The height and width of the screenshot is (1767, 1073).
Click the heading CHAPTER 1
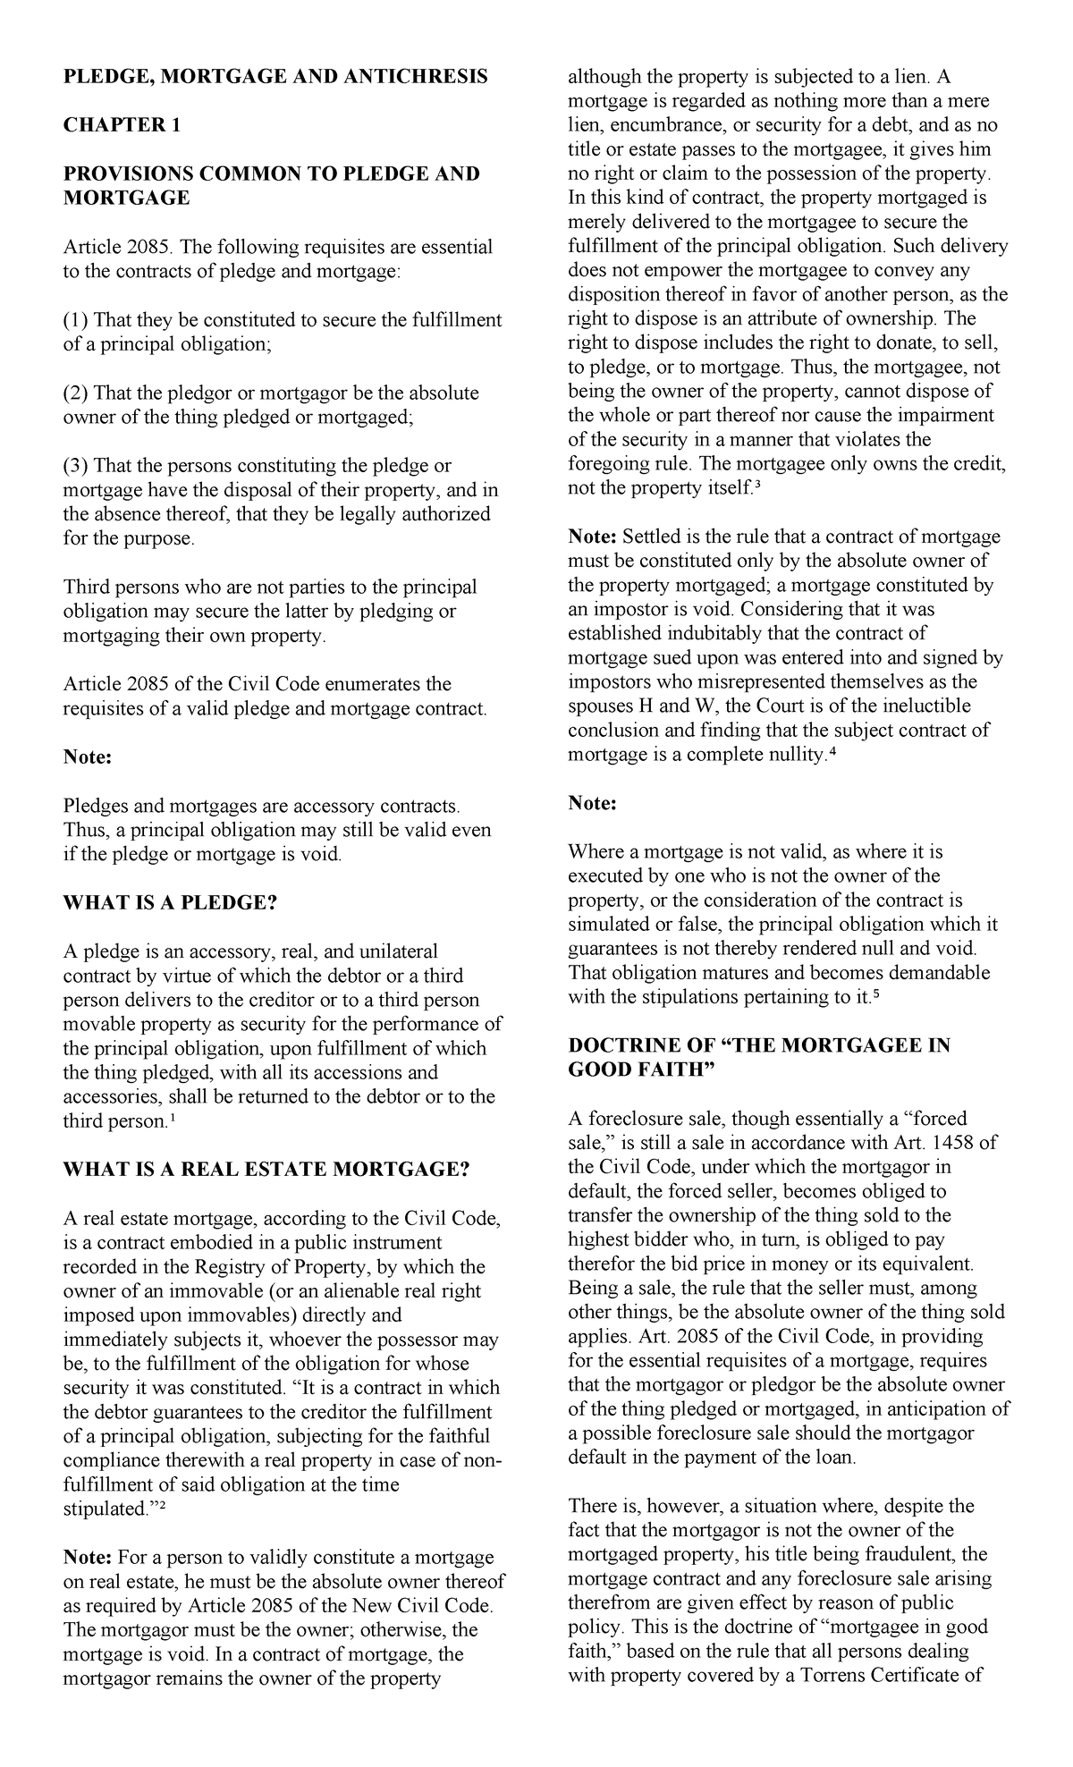tap(122, 125)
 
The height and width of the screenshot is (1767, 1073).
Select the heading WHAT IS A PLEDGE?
tap(171, 902)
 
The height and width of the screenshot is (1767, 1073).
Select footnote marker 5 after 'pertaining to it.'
tap(875, 993)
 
